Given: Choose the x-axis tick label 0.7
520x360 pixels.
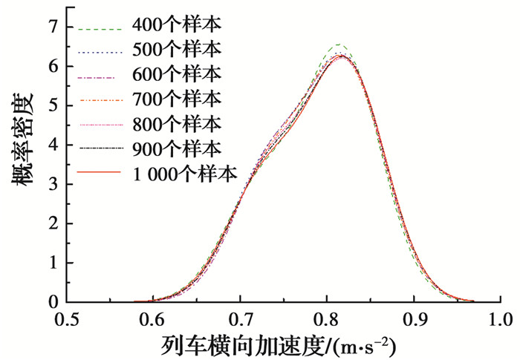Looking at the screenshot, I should pos(239,320).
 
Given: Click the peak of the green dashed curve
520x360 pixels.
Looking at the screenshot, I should pos(339,45).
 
